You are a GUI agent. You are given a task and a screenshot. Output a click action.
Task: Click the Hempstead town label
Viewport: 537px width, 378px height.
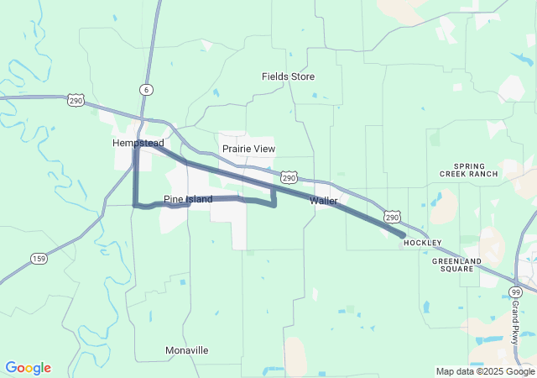[138, 144]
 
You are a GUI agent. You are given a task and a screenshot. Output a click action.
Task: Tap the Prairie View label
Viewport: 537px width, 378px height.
[248, 149]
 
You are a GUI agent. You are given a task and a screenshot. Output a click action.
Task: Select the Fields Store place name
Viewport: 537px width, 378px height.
[288, 76]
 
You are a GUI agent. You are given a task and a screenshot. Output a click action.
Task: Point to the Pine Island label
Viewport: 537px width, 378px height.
[188, 199]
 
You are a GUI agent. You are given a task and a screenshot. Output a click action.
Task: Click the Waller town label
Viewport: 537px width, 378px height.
[323, 201]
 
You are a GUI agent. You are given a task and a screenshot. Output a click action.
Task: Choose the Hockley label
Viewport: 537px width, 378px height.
[421, 242]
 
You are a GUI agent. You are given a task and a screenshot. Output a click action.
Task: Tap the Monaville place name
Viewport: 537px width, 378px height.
[186, 349]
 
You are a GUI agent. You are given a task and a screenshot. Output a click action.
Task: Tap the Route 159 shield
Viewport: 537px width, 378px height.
[38, 258]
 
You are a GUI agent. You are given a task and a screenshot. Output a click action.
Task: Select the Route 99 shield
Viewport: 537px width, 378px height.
[515, 291]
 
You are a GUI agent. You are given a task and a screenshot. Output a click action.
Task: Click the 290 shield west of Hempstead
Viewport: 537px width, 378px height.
[76, 100]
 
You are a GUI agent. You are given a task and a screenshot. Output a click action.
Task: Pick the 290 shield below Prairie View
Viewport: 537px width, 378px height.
[289, 178]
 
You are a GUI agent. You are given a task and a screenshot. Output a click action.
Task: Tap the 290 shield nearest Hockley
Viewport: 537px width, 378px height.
[394, 217]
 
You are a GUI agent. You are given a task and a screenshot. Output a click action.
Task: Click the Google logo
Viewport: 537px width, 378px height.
[28, 368]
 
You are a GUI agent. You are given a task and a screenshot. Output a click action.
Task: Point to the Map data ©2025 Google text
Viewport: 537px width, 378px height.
[485, 371]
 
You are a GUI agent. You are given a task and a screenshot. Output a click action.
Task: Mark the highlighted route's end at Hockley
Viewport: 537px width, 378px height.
[404, 235]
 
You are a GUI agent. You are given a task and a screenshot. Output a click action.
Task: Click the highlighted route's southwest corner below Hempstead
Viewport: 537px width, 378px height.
[135, 204]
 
